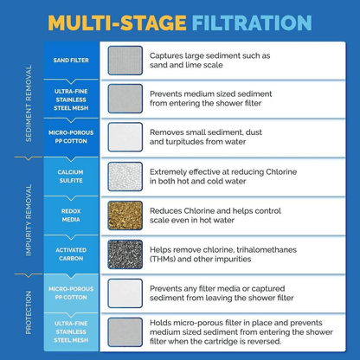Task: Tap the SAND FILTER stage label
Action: [67, 60]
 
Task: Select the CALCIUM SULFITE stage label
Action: [67, 177]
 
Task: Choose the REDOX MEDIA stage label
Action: [67, 215]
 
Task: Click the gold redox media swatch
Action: [125, 215]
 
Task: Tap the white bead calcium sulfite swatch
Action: [125, 177]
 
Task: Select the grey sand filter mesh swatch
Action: [125, 60]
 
